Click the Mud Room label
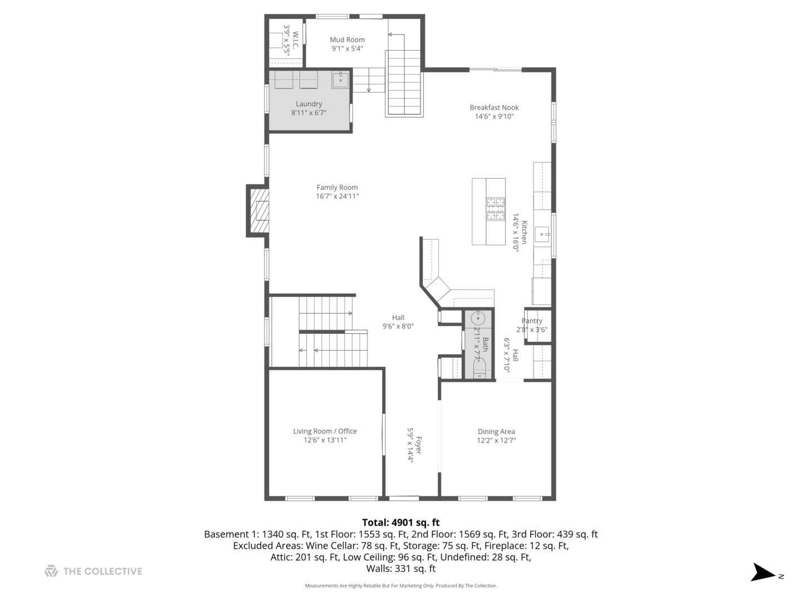(347, 40)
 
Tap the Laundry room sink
(340, 80)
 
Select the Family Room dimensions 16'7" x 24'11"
(337, 196)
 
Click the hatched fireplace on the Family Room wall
(258, 211)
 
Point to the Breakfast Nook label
(494, 108)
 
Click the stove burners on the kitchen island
(496, 209)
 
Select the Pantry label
(532, 321)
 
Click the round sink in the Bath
(478, 318)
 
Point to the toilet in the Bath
(479, 368)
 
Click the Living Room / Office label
(325, 431)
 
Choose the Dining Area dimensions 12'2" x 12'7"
(496, 440)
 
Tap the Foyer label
(418, 445)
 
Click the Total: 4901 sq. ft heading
(400, 522)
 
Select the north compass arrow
(763, 573)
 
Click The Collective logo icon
(51, 571)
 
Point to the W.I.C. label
(295, 39)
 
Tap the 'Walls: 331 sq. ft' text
(400, 569)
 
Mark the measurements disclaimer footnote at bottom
(400, 586)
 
